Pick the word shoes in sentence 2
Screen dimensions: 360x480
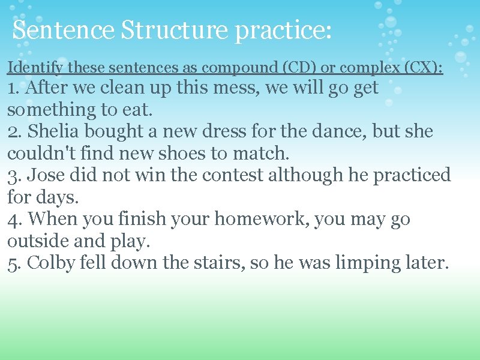[x=196, y=154]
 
